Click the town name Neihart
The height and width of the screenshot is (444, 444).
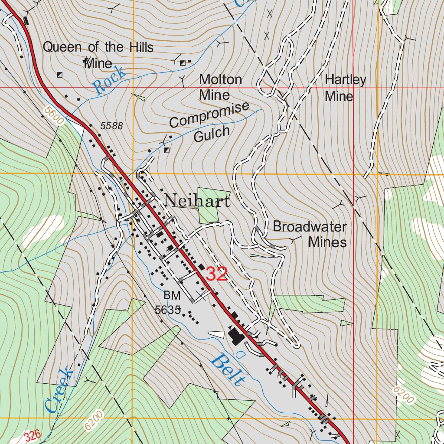(197, 201)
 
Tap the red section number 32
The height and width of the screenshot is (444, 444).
(216, 274)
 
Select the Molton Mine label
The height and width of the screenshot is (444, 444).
(220, 87)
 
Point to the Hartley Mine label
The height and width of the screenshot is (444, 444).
(345, 88)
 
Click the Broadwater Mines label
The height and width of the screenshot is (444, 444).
(310, 234)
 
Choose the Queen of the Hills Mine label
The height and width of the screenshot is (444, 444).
(98, 55)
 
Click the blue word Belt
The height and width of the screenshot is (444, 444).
(227, 371)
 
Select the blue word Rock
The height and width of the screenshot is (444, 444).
(110, 81)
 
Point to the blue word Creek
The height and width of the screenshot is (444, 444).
(59, 390)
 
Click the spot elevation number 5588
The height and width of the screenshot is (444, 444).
(112, 126)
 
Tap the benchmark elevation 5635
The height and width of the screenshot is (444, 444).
(167, 310)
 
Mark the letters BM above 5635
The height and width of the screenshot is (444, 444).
(172, 296)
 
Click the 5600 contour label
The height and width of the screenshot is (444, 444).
(54, 116)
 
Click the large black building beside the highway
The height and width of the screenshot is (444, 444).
(236, 336)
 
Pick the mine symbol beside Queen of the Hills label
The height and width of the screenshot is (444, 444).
(59, 75)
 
